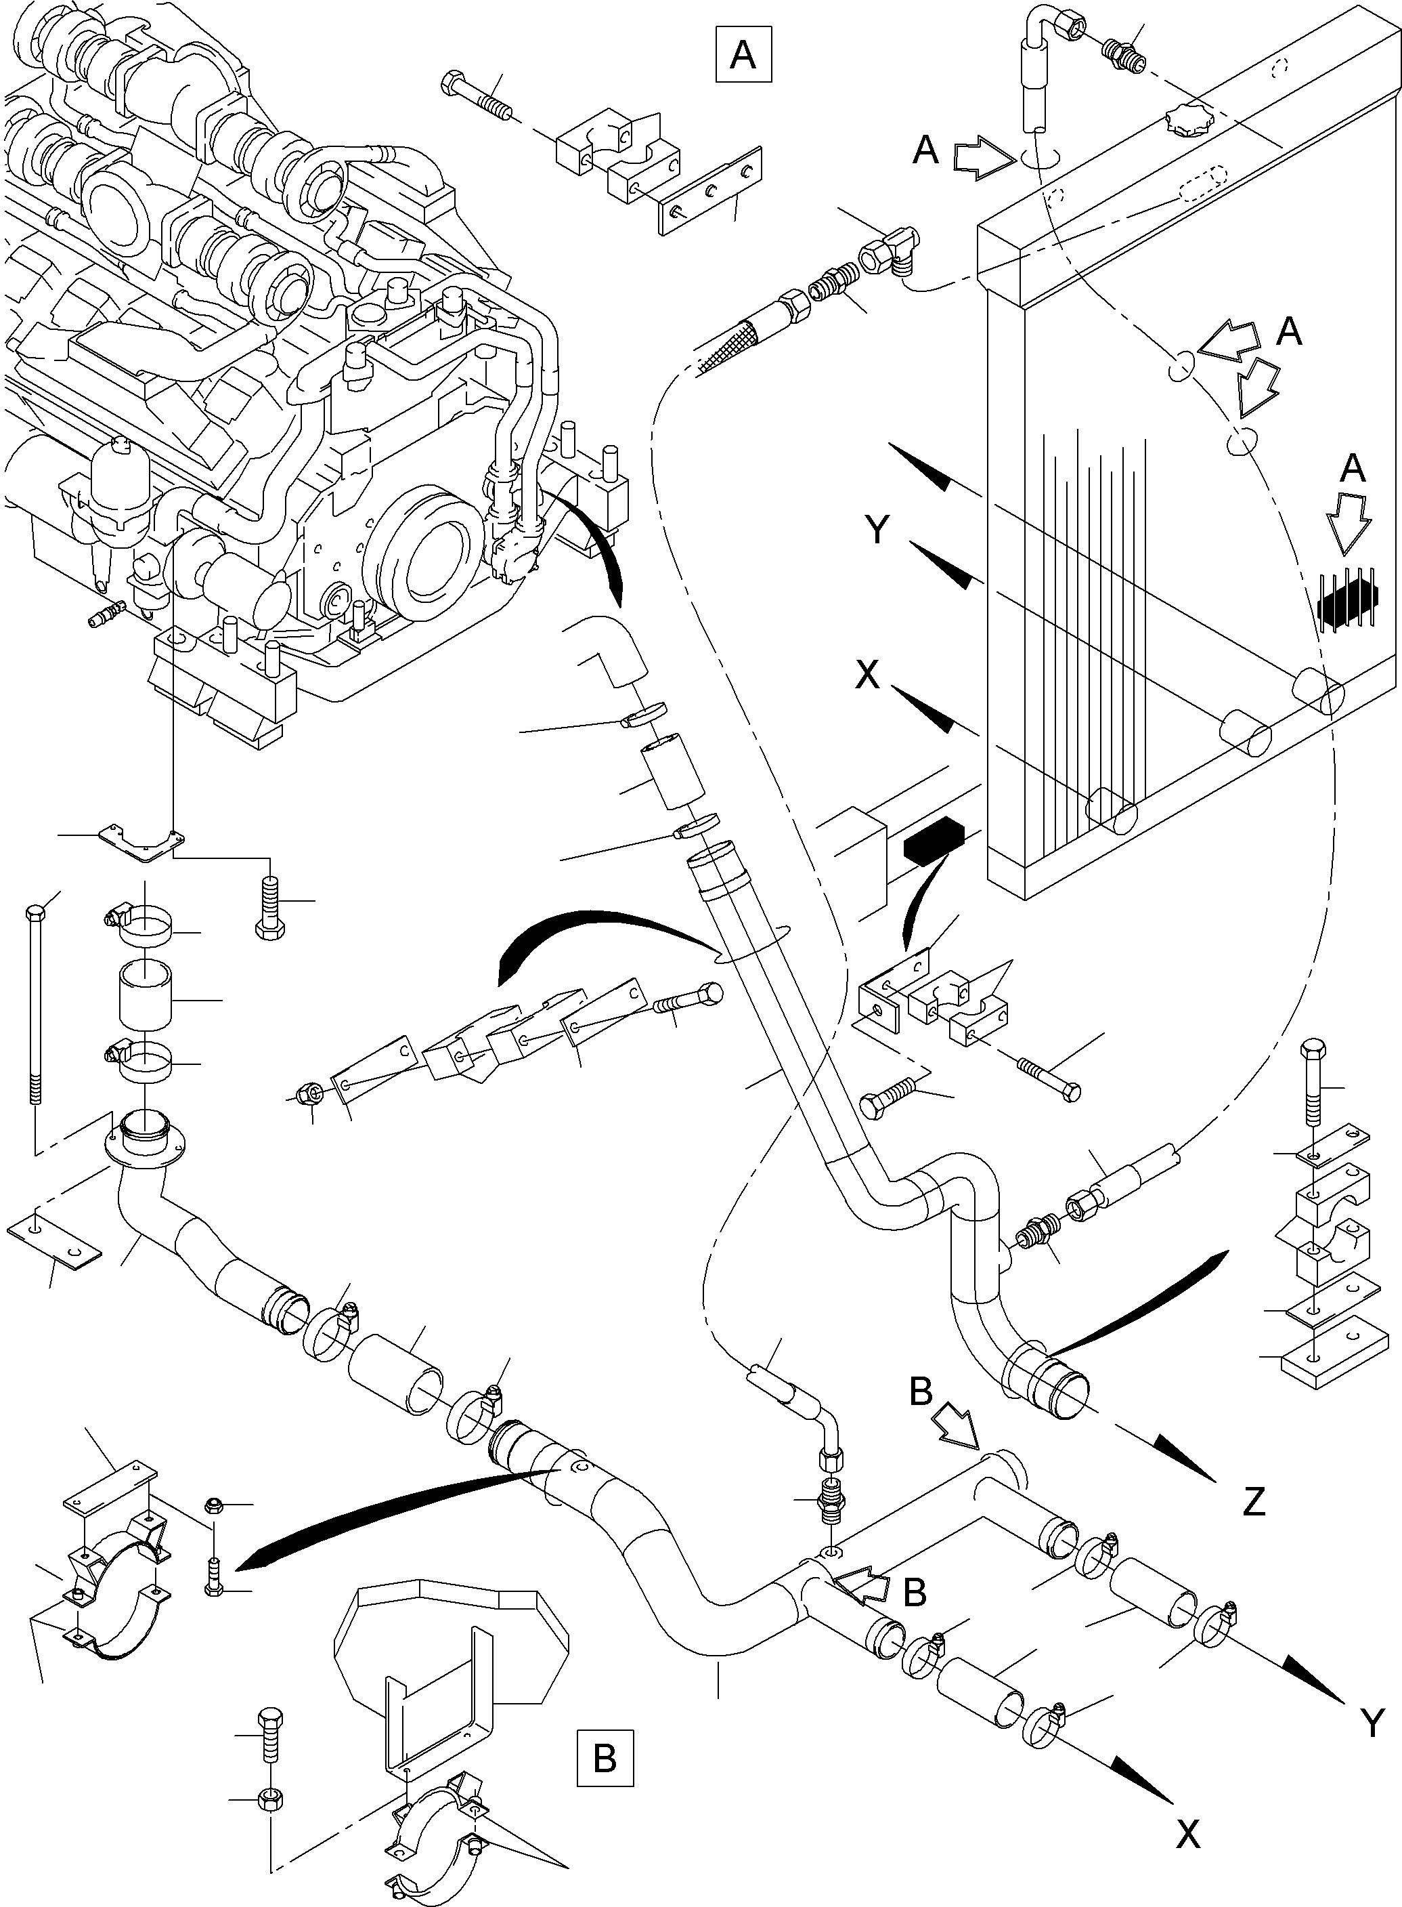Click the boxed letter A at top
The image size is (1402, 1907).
pyautogui.click(x=743, y=55)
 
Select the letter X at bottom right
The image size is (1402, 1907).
pyautogui.click(x=1188, y=1835)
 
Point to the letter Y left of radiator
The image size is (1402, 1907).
pyautogui.click(x=879, y=530)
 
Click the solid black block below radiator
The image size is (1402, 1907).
pyautogui.click(x=934, y=838)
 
